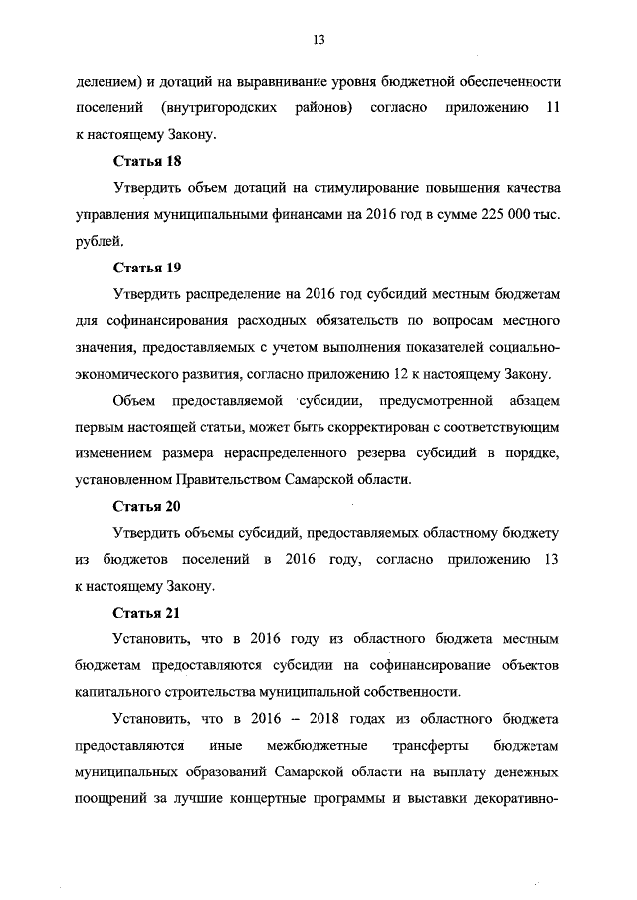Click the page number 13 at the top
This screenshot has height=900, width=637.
pos(318,40)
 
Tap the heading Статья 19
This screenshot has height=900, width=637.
pos(146,268)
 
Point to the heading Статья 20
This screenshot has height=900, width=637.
pos(146,505)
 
